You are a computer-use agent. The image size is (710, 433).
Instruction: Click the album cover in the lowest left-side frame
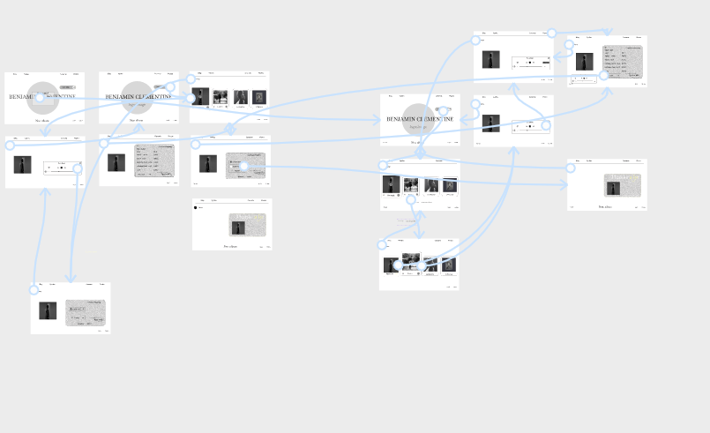click(x=48, y=310)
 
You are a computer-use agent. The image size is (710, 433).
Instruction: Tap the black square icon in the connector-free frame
click(x=195, y=208)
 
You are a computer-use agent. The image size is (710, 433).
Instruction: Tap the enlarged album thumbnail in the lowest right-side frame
click(x=412, y=262)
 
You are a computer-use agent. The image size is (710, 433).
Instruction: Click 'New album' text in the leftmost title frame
click(x=42, y=120)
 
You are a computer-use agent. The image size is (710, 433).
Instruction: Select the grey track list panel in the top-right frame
click(x=623, y=63)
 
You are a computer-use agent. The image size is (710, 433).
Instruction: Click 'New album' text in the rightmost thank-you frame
click(x=606, y=206)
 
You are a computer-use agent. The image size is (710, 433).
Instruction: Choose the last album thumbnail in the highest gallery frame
click(x=258, y=98)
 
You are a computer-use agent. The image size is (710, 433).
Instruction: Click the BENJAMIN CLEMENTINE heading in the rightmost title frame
click(x=420, y=118)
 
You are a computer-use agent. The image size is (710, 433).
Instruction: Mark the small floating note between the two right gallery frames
click(x=406, y=220)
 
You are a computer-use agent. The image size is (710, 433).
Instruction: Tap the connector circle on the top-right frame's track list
click(x=605, y=75)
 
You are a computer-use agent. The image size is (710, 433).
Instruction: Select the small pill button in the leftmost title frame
click(x=66, y=87)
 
